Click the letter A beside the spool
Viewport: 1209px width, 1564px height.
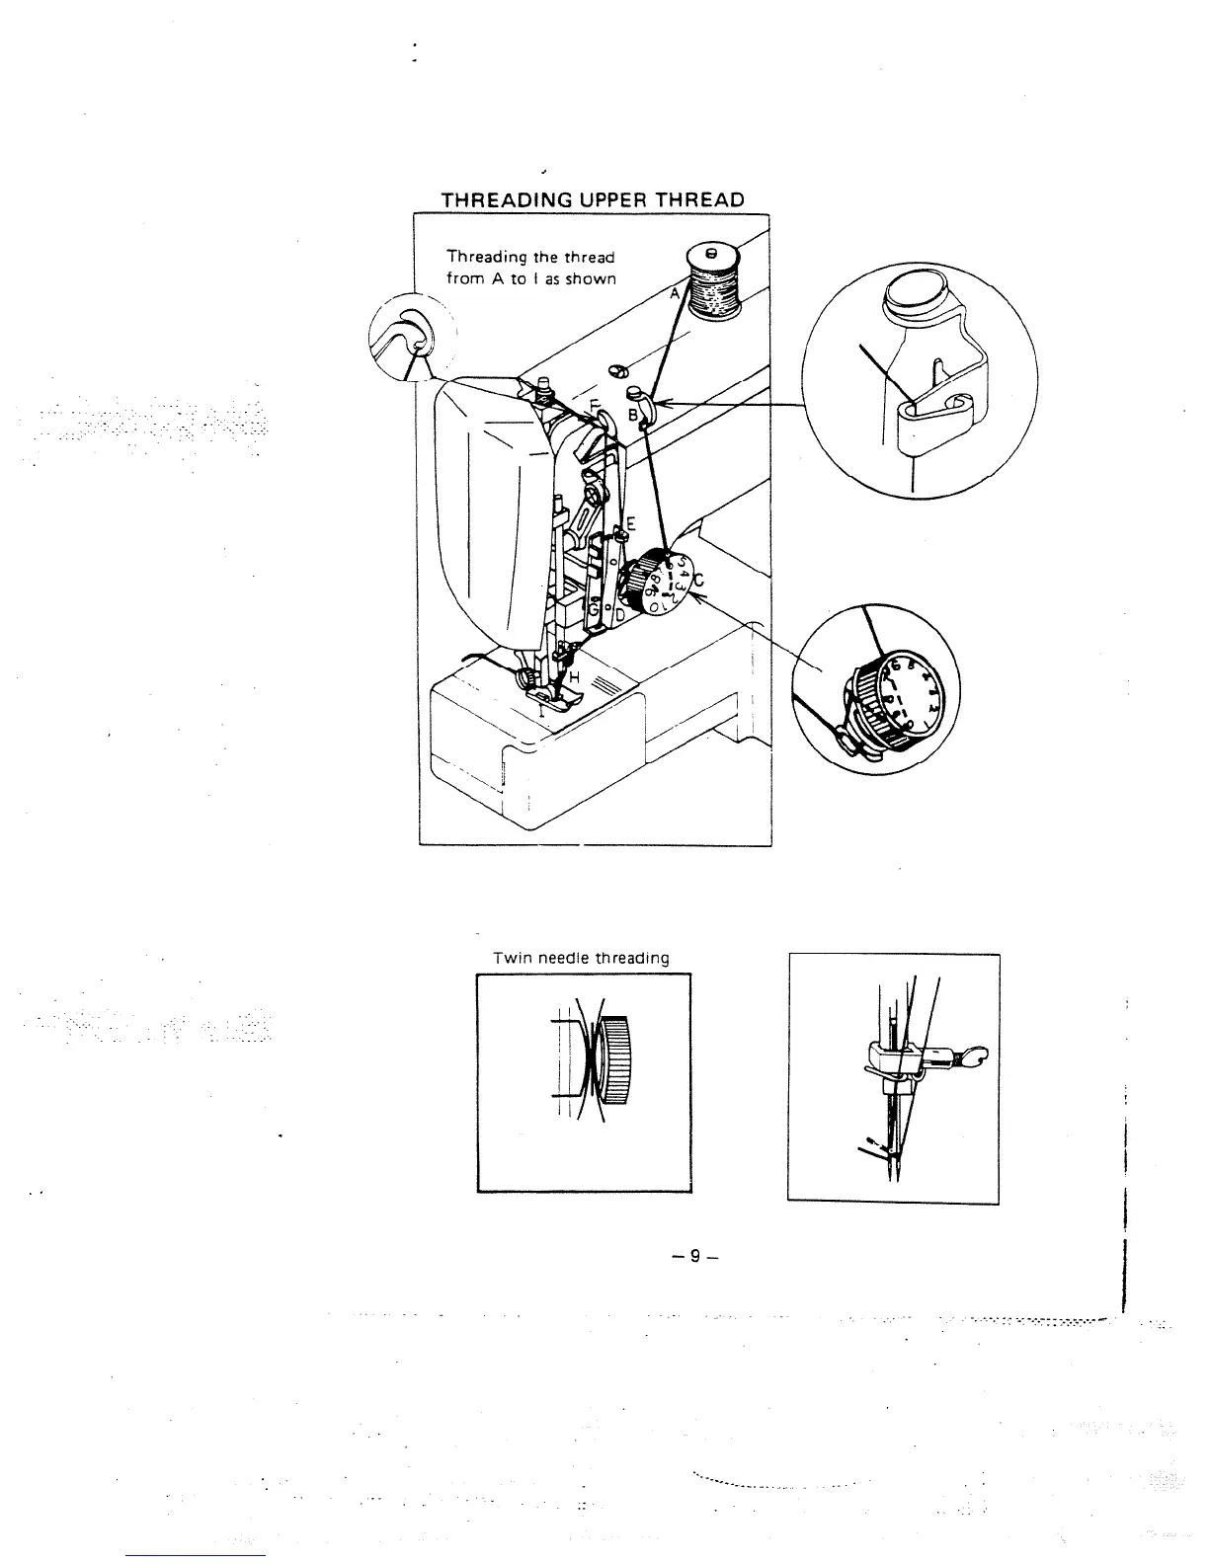[675, 293]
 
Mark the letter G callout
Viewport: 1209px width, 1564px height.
[593, 611]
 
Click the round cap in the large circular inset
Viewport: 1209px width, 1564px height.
[914, 294]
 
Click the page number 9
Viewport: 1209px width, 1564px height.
[694, 1256]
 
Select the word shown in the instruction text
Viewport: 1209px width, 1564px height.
[591, 278]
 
